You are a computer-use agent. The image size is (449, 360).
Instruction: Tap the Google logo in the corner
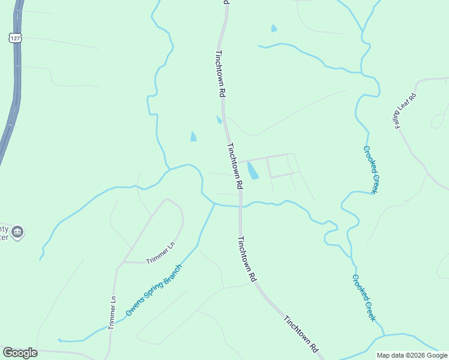[x=20, y=353]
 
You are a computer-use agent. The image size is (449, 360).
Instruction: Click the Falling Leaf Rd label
[x=405, y=110]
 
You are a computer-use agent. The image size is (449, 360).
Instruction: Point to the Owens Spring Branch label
[x=154, y=290]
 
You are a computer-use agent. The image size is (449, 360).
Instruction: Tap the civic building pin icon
[x=17, y=232]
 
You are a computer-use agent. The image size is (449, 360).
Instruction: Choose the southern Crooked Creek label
[x=364, y=298]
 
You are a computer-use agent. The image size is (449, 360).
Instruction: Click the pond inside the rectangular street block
[x=253, y=170]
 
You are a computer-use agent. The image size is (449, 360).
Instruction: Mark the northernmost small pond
[x=274, y=28]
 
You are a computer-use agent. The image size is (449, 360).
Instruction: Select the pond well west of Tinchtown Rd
[x=193, y=137]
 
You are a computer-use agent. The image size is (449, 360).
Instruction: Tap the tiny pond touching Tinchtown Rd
[x=219, y=119]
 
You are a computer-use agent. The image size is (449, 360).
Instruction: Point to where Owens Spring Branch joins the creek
[x=215, y=205]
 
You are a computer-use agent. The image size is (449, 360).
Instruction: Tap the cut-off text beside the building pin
[x=4, y=233]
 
